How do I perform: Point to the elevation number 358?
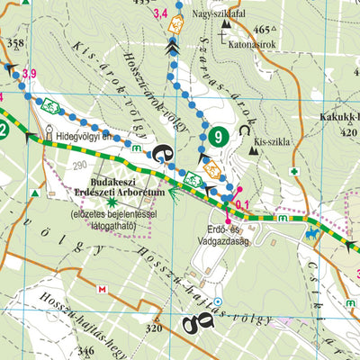(x=15, y=43)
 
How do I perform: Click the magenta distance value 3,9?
(x=30, y=73)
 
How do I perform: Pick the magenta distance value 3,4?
(x=160, y=13)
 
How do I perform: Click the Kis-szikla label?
(x=272, y=142)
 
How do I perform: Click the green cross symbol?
(x=293, y=171)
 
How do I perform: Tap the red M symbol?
(x=102, y=289)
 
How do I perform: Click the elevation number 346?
(x=86, y=349)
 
